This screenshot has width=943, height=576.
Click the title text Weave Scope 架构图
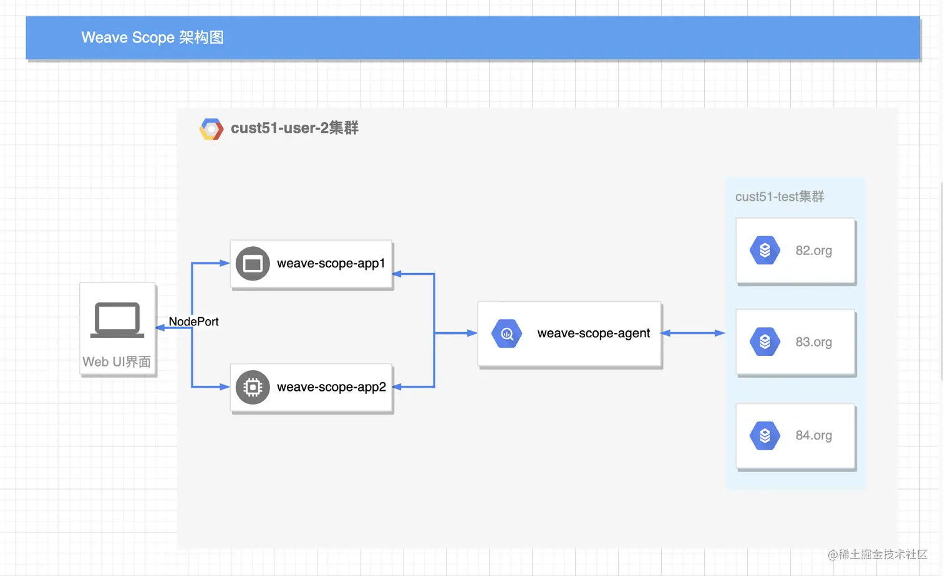(152, 37)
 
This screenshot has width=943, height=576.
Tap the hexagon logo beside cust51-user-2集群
(211, 129)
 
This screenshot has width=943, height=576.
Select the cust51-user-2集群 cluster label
(294, 128)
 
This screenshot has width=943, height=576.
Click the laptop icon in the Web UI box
(117, 320)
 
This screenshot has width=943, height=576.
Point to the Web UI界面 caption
(117, 362)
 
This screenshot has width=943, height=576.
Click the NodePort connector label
(193, 322)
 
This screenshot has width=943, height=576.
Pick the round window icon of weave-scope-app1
(253, 264)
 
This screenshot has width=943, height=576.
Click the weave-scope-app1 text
(331, 263)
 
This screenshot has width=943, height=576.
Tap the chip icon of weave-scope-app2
(253, 387)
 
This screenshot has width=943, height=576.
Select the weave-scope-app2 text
(331, 387)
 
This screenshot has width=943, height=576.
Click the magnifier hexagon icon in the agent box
(506, 334)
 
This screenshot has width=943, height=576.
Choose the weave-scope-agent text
(593, 334)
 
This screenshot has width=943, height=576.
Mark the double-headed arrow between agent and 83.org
(692, 333)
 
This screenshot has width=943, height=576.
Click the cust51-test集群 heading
(780, 197)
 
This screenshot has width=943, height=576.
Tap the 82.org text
(813, 251)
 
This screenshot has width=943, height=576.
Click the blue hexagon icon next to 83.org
(765, 342)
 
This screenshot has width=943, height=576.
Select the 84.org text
(813, 435)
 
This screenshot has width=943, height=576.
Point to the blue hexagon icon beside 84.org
(765, 435)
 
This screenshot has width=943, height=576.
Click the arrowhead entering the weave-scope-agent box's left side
(472, 333)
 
